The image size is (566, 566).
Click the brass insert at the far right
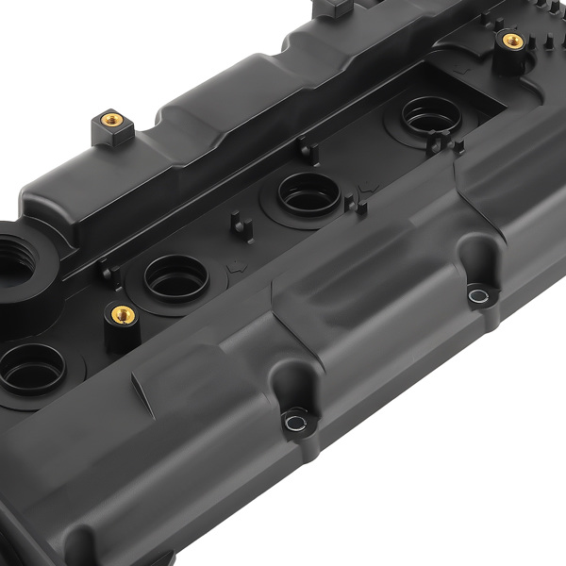click(512, 41)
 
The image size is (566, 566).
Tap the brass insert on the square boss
click(110, 120)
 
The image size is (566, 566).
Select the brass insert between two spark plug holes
click(122, 313)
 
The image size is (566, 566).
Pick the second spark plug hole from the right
click(308, 193)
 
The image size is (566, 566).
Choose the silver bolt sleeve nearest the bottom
click(296, 418)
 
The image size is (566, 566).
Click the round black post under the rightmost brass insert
click(510, 59)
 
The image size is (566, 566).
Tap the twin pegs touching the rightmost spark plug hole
click(444, 144)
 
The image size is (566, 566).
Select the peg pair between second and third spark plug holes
click(238, 226)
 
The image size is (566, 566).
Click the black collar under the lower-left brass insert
click(121, 332)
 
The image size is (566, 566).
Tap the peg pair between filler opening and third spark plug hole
click(108, 275)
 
